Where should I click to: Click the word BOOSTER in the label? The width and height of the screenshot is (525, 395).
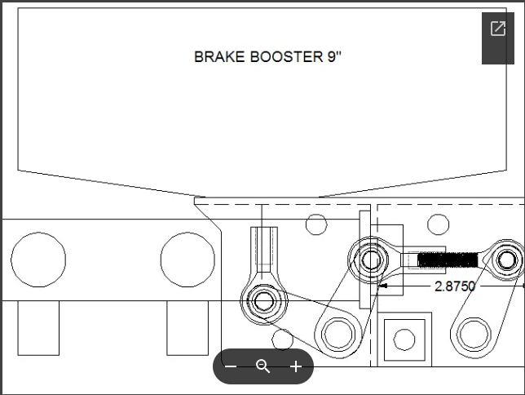287,57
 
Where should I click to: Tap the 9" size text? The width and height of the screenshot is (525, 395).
334,56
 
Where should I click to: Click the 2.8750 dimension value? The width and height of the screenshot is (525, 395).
455,286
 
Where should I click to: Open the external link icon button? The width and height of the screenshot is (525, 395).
498,29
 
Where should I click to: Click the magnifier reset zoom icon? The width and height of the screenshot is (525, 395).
262,366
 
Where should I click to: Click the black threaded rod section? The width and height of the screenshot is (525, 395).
448,260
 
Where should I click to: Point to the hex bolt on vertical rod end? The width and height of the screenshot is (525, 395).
264,301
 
